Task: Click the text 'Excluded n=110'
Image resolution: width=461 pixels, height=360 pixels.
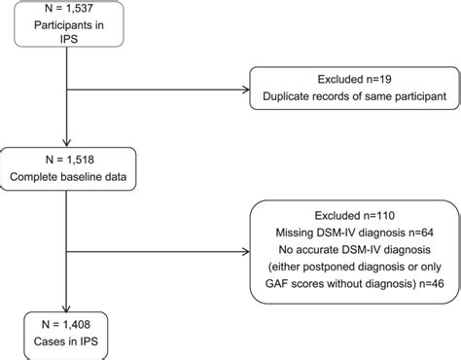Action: [350, 211]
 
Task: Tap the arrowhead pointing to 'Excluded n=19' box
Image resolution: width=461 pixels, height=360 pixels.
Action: [246, 88]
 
